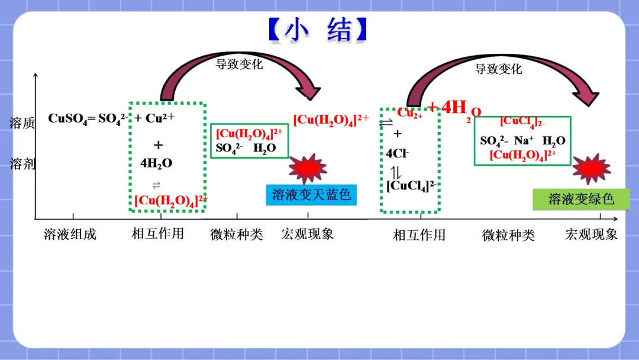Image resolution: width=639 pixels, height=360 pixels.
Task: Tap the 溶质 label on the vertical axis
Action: click(22, 123)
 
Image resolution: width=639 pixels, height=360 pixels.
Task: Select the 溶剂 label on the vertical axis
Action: click(22, 164)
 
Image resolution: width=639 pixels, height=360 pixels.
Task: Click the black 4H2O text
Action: click(156, 163)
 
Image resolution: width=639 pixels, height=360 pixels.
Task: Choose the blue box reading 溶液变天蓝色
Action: click(311, 194)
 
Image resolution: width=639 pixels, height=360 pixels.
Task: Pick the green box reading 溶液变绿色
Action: click(581, 199)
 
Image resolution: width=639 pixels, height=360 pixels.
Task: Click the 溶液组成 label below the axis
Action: click(70, 234)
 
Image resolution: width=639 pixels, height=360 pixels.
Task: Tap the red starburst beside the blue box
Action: click(308, 168)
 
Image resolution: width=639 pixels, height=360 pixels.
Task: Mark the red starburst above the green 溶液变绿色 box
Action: click(591, 169)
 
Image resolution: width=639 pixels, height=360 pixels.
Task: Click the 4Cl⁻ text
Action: click(397, 153)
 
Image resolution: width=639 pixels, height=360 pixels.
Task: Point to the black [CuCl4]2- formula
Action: click(411, 185)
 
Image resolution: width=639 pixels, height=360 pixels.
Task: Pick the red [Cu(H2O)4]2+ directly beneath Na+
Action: click(522, 155)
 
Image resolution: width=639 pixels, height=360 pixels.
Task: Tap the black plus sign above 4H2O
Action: click(158, 145)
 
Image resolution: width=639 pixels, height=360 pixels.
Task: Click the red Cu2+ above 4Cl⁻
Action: click(409, 114)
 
